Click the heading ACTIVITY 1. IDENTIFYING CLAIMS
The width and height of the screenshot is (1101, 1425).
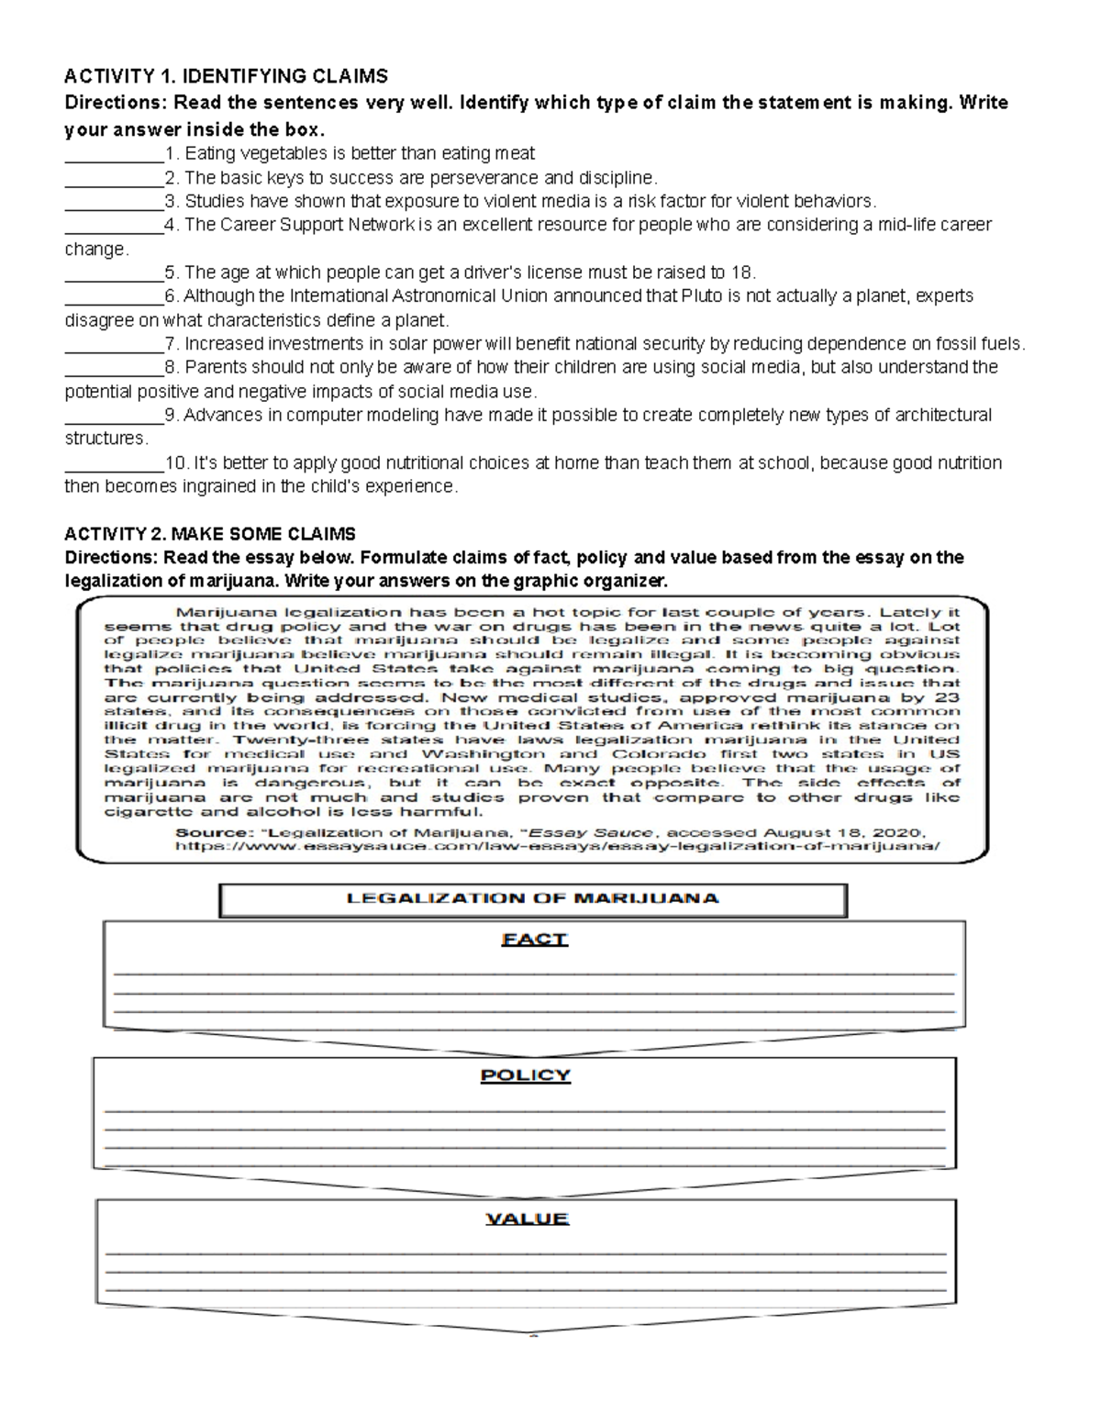coord(226,76)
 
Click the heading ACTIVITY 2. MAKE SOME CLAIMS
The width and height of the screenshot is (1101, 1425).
coord(209,534)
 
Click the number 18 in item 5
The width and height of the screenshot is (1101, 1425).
coord(742,273)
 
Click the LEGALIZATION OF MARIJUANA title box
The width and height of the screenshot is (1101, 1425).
coord(532,899)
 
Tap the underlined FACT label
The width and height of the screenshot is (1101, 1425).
coord(534,940)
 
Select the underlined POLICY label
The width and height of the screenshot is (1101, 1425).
coord(526,1075)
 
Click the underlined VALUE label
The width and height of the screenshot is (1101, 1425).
coord(527,1219)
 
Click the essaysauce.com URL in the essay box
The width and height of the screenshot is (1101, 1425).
coord(558,847)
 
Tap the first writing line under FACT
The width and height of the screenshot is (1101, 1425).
coord(534,973)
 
